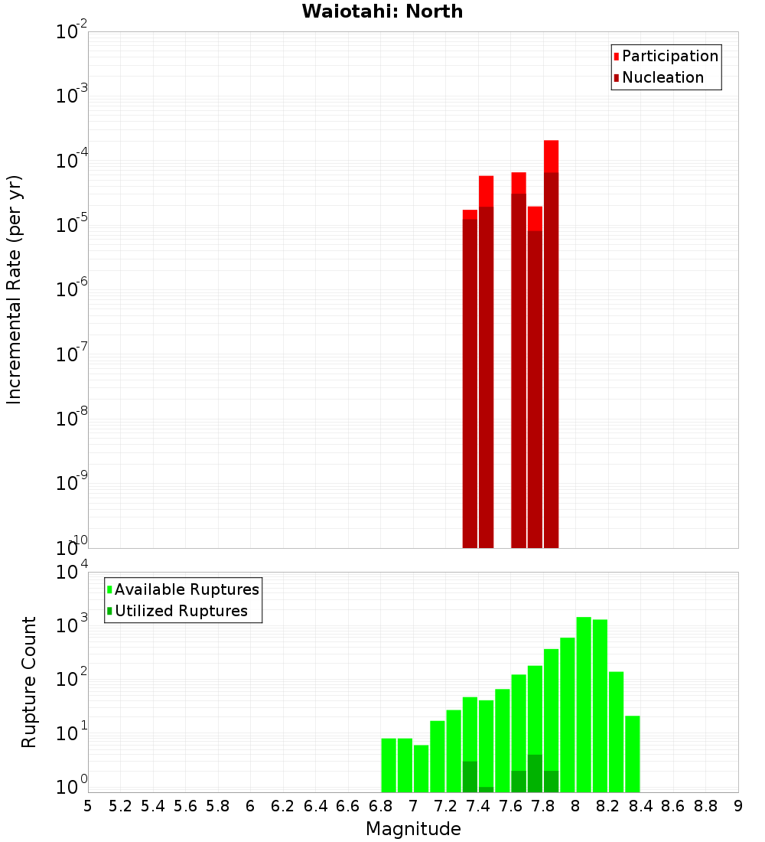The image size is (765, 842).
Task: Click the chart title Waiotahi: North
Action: coord(382,11)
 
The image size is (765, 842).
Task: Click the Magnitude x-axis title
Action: coord(413,829)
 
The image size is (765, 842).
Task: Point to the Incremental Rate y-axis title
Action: coord(15,289)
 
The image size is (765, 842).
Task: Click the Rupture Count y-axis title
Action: coord(29,681)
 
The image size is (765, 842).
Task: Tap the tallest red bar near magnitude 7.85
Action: coord(552,344)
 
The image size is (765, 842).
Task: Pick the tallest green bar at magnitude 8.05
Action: coord(584,704)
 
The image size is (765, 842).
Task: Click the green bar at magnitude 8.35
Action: coord(633,754)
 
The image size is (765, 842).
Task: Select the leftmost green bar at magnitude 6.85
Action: coord(389,765)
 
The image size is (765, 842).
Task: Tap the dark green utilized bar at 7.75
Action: coord(535,774)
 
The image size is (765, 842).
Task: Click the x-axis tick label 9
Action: coord(738,806)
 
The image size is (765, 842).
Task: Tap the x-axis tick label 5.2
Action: coord(121,806)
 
